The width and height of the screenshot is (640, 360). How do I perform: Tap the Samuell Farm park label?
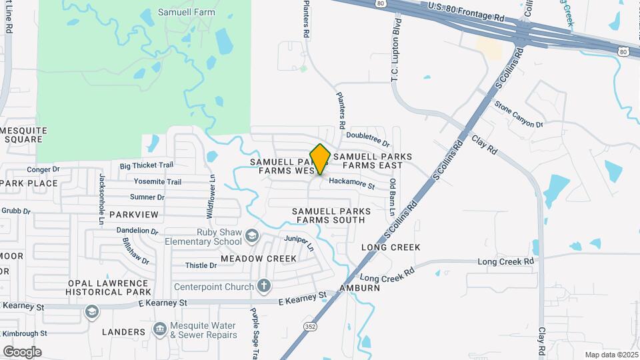(186, 12)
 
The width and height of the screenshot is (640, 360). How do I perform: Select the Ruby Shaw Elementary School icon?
(252, 235)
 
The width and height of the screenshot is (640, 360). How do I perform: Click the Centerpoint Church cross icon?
(264, 287)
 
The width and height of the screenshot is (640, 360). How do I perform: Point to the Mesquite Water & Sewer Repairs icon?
(159, 329)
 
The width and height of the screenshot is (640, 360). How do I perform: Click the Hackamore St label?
(352, 183)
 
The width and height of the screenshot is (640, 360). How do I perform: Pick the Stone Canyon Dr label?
(519, 114)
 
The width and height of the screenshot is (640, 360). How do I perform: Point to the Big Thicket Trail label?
(146, 165)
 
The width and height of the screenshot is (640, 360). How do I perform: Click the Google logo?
(22, 351)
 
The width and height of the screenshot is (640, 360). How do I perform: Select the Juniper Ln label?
(301, 242)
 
